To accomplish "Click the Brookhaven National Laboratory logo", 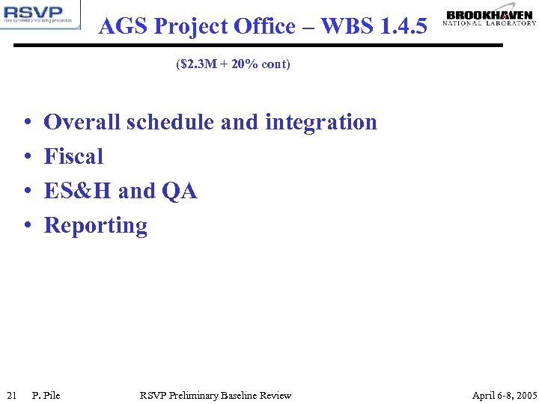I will pos(490,18).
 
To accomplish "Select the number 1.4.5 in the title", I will pos(404,27).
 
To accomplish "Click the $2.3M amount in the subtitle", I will pos(196,64).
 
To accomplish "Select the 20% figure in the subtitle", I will pos(251,64).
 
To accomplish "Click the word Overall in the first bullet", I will pos(82,122).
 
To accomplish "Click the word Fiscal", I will pos(73,156).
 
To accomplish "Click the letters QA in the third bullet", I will pos(179,191).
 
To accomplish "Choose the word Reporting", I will pos(96,226).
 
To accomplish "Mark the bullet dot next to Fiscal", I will pos(26,157).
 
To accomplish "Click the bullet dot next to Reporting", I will pos(26,227).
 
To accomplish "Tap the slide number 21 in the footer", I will pos(11,395).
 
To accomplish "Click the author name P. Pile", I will pos(46,395).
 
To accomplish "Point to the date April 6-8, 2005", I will pos(505,395).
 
